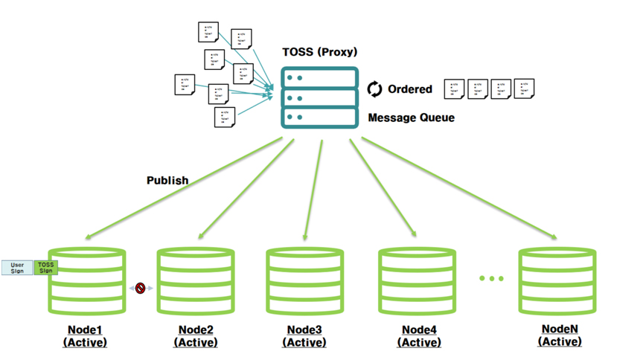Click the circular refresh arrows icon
[x=374, y=89]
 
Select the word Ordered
[x=409, y=89]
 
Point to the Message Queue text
[x=411, y=118]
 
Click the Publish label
[x=167, y=180]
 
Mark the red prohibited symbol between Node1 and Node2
[x=139, y=287]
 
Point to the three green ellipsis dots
[x=491, y=278]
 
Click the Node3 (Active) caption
[x=306, y=336]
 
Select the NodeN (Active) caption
[x=560, y=335]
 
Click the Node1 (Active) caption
[x=85, y=336]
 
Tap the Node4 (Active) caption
[x=419, y=336]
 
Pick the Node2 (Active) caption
[x=196, y=336]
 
